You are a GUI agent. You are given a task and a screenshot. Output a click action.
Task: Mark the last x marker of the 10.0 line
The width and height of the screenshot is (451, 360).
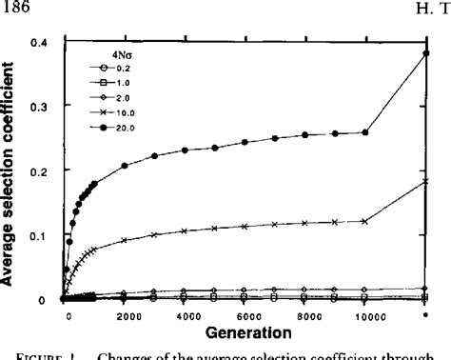pos(425,181)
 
